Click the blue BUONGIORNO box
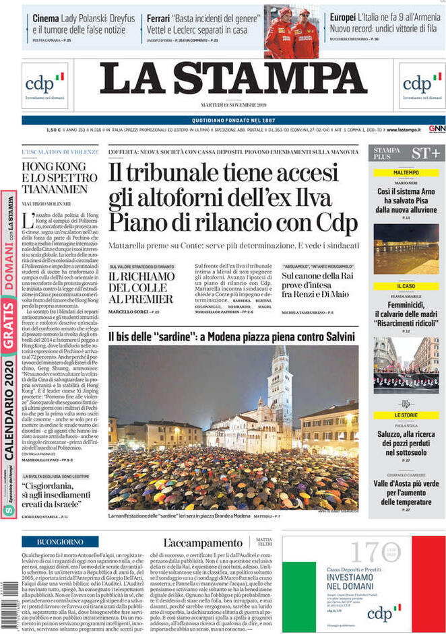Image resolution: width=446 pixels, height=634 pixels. coord(60,541)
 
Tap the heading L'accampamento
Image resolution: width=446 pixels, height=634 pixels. coord(204,542)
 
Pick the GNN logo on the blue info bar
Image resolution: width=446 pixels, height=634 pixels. coord(436,129)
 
